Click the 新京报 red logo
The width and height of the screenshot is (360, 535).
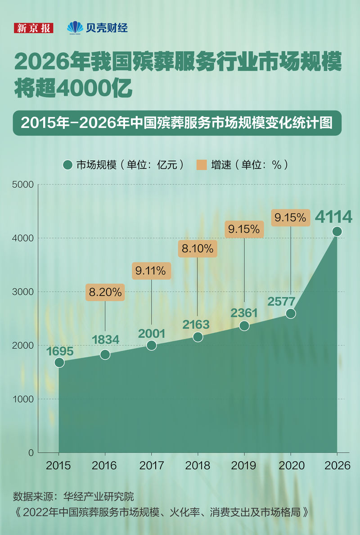pyautogui.click(x=34, y=28)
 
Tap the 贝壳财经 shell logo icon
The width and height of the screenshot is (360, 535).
pyautogui.click(x=75, y=27)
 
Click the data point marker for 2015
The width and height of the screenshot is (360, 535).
pyautogui.click(x=59, y=363)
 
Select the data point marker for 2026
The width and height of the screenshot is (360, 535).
pyautogui.click(x=337, y=231)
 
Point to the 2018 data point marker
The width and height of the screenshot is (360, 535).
pyautogui.click(x=198, y=337)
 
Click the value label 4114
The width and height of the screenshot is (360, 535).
pyautogui.click(x=333, y=217)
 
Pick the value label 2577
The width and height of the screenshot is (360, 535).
pyautogui.click(x=282, y=301)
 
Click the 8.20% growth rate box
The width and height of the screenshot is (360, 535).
pyautogui.click(x=105, y=292)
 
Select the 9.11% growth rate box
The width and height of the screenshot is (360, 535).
pyautogui.click(x=152, y=271)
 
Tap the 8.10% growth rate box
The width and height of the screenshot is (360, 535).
pyautogui.click(x=198, y=249)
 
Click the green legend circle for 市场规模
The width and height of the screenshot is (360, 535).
pyautogui.click(x=68, y=165)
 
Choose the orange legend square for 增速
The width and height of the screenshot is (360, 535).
pyautogui.click(x=202, y=165)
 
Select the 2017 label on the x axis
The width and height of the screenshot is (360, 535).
pyautogui.click(x=152, y=466)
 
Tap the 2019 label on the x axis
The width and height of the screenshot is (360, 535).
pyautogui.click(x=244, y=466)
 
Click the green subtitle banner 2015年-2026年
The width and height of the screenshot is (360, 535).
pyautogui.click(x=177, y=123)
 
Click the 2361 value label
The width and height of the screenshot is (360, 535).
pyautogui.click(x=244, y=313)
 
